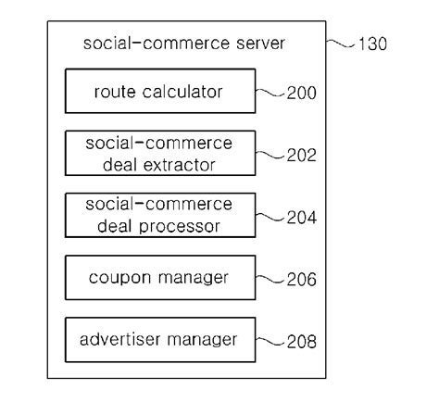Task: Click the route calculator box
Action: coord(158,92)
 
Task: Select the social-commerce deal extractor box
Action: coord(158,154)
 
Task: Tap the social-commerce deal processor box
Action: coord(158,215)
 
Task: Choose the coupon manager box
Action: coord(158,277)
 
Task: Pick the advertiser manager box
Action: coord(158,339)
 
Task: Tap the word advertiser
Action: coord(122,339)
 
